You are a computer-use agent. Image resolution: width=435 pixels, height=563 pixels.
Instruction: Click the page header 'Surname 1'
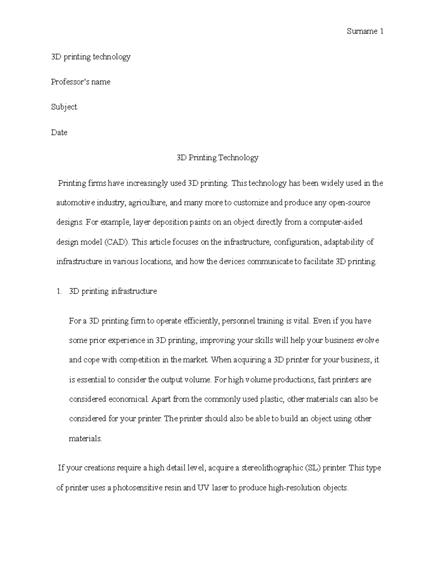(365, 32)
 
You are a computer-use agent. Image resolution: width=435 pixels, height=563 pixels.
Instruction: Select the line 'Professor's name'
(80, 82)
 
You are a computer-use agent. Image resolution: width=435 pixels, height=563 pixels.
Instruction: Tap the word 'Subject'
(64, 107)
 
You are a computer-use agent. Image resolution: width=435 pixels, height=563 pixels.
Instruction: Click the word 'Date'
(59, 132)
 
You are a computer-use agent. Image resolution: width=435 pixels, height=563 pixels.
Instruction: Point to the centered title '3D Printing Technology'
(217, 158)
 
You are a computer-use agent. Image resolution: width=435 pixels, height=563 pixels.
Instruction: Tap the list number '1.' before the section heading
(60, 291)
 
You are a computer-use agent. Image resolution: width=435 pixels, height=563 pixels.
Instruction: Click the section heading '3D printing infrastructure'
(113, 291)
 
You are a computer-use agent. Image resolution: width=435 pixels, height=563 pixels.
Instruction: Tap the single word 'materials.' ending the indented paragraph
(85, 439)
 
